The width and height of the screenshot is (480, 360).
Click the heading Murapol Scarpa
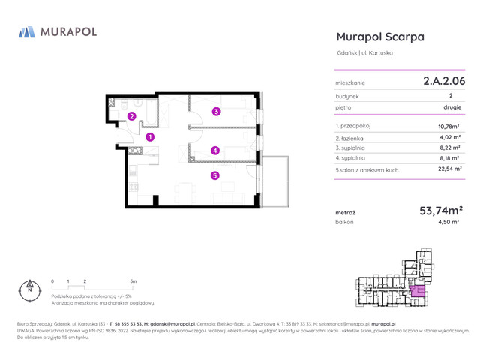pyautogui.click(x=380, y=37)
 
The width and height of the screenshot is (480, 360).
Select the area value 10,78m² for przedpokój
pyautogui.click(x=448, y=127)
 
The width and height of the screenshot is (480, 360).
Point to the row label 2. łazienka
pyautogui.click(x=354, y=138)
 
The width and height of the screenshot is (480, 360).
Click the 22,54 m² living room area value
pyautogui.click(x=448, y=170)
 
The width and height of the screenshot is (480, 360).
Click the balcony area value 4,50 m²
pyautogui.click(x=450, y=223)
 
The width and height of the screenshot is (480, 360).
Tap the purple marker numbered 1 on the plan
pyautogui.click(x=150, y=137)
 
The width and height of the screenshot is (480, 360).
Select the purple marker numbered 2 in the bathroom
pyautogui.click(x=131, y=116)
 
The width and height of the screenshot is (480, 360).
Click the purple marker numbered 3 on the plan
pyautogui.click(x=217, y=112)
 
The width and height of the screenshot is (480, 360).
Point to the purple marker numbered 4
pyautogui.click(x=215, y=150)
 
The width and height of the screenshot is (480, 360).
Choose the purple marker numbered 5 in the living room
pyautogui.click(x=215, y=176)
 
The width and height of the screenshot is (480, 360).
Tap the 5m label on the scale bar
pyautogui.click(x=133, y=281)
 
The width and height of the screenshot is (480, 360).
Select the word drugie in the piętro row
pyautogui.click(x=452, y=107)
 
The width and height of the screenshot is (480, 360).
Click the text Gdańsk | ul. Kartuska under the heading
pyautogui.click(x=364, y=53)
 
